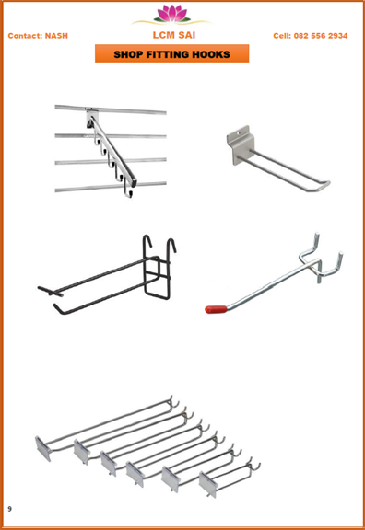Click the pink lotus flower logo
(x=171, y=14)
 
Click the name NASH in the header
(x=56, y=36)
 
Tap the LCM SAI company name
(x=174, y=35)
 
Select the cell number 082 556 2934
(x=321, y=36)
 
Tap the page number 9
(x=9, y=509)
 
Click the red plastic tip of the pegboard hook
(x=216, y=309)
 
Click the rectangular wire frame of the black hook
(x=157, y=278)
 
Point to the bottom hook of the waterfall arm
(x=128, y=191)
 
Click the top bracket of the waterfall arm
(x=91, y=117)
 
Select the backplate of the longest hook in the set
(x=43, y=448)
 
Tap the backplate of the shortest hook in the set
(x=207, y=485)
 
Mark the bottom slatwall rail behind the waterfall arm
(x=111, y=187)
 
